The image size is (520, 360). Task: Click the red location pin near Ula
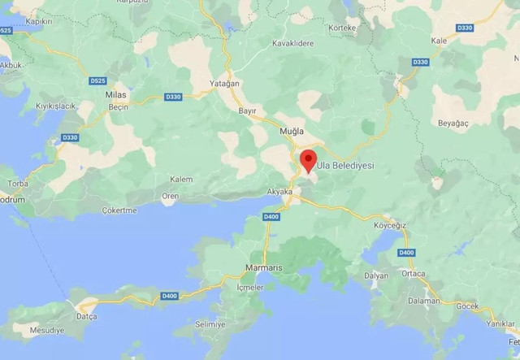[309, 159]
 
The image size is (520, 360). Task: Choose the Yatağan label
[221, 83]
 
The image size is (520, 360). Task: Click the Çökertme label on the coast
[119, 209]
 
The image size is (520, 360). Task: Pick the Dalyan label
[376, 275]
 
